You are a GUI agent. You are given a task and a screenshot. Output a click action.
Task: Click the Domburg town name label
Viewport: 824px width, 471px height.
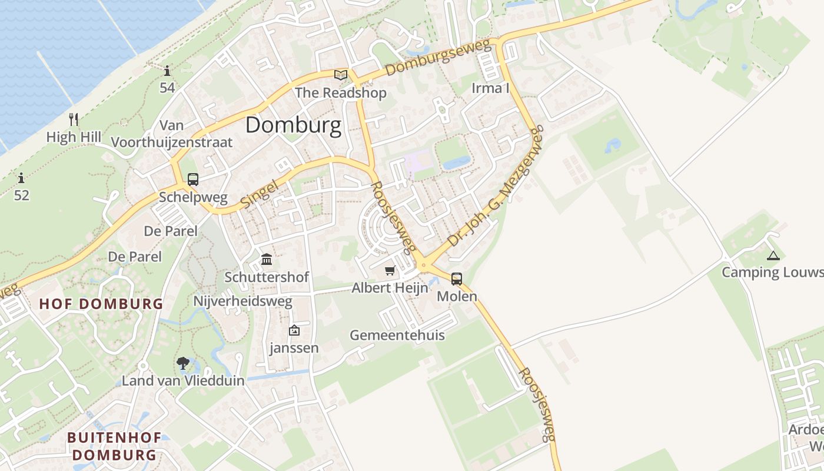[x=293, y=125]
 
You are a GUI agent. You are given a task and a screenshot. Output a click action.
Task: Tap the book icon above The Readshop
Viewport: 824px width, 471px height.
[x=340, y=75]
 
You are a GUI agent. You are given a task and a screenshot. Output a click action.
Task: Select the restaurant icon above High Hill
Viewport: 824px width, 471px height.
[x=74, y=120]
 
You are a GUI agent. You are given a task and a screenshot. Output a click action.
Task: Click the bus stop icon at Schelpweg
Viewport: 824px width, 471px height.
[x=192, y=180]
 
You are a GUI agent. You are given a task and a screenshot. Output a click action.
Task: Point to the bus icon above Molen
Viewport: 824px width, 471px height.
[x=457, y=279]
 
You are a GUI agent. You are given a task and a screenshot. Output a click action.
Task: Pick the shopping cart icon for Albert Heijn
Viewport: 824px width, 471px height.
[x=390, y=271]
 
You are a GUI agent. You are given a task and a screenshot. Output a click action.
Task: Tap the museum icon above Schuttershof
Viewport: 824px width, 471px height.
[x=267, y=259]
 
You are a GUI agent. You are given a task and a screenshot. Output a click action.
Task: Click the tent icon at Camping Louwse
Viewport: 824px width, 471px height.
[x=773, y=256]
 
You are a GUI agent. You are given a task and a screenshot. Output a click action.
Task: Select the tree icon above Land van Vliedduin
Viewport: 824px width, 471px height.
[x=183, y=363]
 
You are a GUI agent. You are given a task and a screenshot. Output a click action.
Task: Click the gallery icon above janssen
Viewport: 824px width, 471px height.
[x=294, y=331]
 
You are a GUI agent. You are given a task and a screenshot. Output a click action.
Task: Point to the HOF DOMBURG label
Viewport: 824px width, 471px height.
[x=101, y=304]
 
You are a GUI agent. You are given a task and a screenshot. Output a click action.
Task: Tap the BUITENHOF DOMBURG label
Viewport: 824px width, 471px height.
[x=112, y=446]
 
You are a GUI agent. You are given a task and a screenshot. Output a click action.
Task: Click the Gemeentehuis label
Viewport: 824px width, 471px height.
[x=397, y=336]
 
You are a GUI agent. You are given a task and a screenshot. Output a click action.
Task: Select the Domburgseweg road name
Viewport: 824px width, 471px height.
[x=438, y=58]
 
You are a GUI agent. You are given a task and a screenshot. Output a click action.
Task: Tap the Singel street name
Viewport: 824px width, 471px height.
[x=259, y=193]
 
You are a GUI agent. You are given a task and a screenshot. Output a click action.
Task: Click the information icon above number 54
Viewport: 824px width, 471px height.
[x=167, y=72]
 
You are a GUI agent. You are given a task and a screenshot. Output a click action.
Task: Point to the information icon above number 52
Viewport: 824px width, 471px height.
[x=21, y=178]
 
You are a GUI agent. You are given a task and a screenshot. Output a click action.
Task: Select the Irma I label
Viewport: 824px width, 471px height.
[x=490, y=88]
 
